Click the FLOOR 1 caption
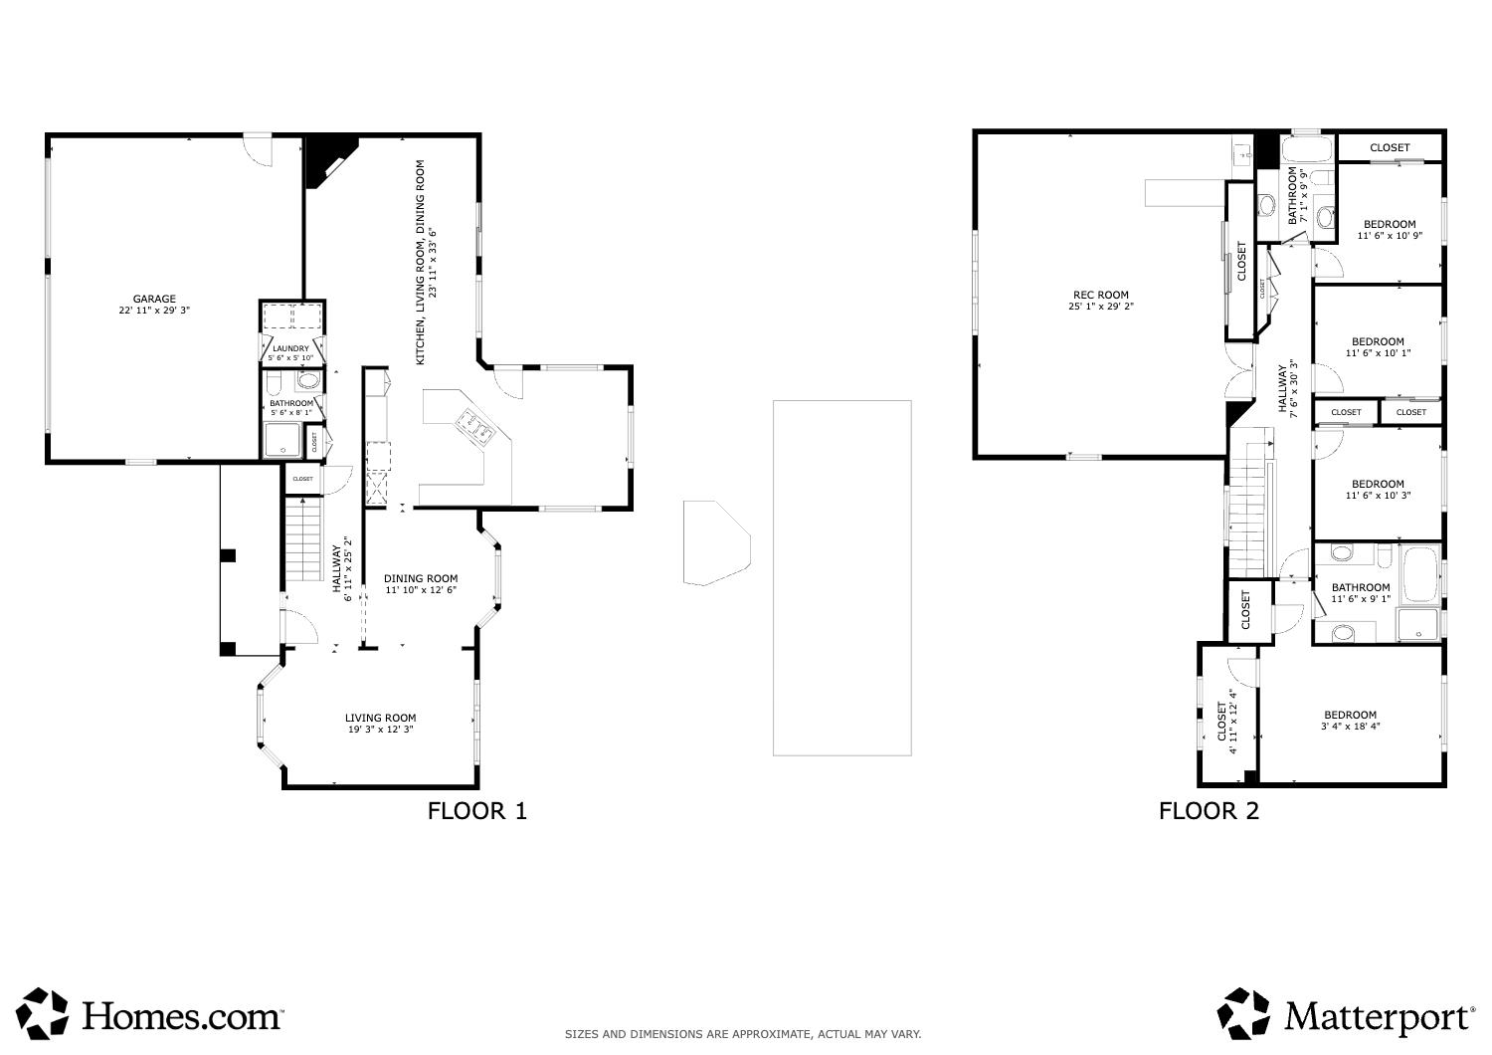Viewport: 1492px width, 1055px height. click(x=476, y=811)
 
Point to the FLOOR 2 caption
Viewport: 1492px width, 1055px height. click(x=1209, y=811)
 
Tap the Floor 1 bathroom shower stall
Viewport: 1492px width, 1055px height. click(x=282, y=441)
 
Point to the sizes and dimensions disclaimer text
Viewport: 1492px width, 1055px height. click(x=743, y=1035)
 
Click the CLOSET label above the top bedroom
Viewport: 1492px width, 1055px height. click(x=1389, y=147)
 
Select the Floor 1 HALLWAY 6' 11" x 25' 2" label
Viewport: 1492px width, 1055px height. click(x=342, y=569)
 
